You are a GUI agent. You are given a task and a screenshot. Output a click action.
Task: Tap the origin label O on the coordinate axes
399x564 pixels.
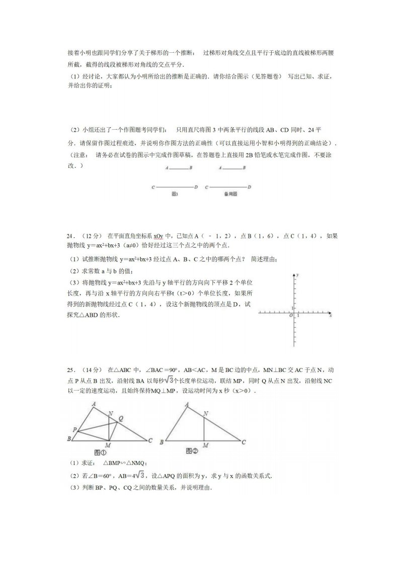[x=290, y=316]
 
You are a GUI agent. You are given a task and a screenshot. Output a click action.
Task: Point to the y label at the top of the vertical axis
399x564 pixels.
[x=298, y=275]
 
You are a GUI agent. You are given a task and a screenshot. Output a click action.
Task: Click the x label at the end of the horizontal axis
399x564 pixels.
[x=330, y=316]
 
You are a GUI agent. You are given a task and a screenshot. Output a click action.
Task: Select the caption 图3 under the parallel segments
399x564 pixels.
[x=175, y=194]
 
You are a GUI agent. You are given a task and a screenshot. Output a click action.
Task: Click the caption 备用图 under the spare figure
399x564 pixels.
[x=230, y=194]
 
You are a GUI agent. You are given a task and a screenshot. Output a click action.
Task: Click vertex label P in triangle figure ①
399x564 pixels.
[x=74, y=429]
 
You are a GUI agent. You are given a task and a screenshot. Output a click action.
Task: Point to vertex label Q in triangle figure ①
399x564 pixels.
[x=120, y=417]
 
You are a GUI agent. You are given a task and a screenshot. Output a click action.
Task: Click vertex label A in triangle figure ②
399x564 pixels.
[x=187, y=405]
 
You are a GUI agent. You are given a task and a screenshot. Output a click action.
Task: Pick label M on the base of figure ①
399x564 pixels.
[x=108, y=445]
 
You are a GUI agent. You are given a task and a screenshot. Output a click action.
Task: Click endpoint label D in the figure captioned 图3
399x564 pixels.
[x=195, y=186]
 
